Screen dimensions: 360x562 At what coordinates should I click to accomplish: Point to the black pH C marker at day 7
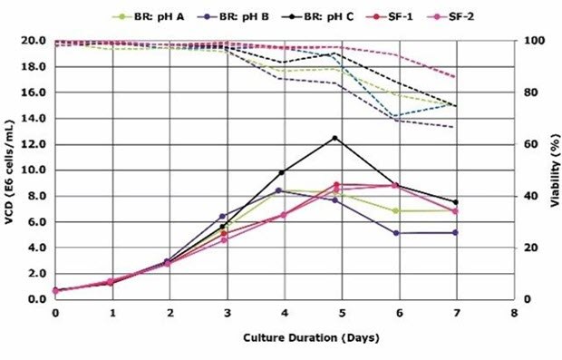tap(455, 202)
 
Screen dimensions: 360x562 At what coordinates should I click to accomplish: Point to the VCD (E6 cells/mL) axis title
tap(9, 170)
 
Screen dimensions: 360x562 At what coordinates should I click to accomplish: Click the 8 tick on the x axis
tap(513, 311)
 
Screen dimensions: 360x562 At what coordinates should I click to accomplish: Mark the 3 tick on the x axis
tap(227, 311)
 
